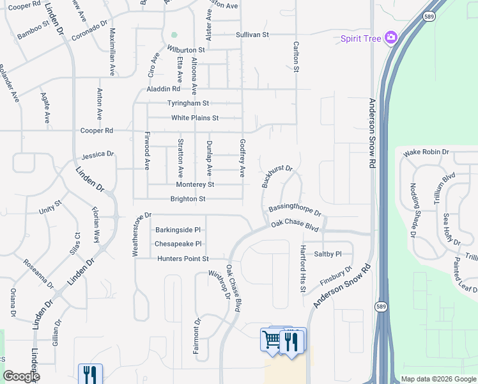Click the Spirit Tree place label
click(x=360, y=38)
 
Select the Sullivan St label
click(x=253, y=35)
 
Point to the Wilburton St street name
click(x=186, y=49)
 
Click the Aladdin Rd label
click(x=163, y=88)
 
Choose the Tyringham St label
click(x=188, y=103)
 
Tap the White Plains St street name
click(x=195, y=118)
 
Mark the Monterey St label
click(x=194, y=184)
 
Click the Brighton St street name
click(x=187, y=199)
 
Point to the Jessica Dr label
click(x=98, y=155)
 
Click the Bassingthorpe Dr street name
click(x=295, y=210)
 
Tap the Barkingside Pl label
click(x=178, y=229)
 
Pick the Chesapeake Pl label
click(x=178, y=244)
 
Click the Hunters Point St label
click(x=183, y=259)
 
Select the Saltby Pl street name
click(x=328, y=253)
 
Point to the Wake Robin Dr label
click(x=426, y=152)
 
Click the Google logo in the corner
click(x=21, y=376)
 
